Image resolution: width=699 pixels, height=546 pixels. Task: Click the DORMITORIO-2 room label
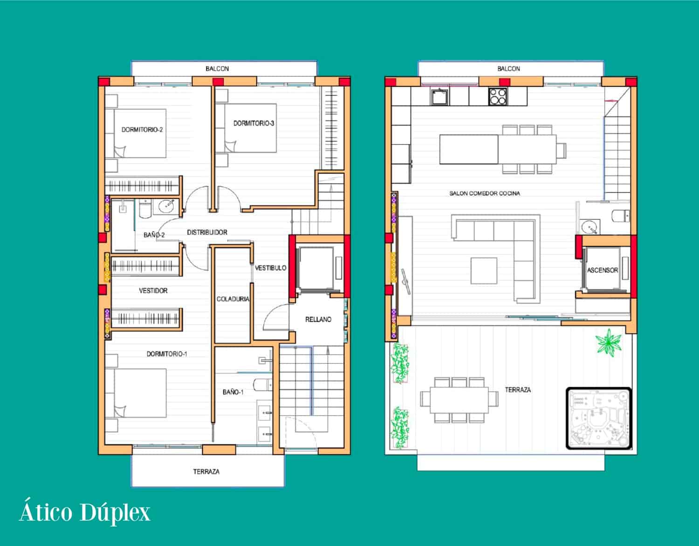(x=142, y=130)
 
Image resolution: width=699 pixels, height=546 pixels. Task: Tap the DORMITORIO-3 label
(x=254, y=123)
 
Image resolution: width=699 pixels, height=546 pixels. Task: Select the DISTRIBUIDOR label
(x=207, y=232)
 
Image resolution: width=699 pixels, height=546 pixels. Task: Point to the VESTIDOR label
(x=153, y=291)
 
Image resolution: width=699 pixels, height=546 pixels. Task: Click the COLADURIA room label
(x=233, y=299)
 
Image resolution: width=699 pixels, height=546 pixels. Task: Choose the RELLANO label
(x=318, y=320)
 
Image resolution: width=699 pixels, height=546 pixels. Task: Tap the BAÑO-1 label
(x=233, y=392)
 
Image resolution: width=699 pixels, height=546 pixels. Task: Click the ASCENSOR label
(x=602, y=270)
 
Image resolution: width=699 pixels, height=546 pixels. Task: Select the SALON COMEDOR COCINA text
(x=485, y=193)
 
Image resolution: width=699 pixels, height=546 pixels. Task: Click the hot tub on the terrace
(x=599, y=418)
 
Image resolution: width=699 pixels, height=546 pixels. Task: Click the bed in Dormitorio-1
(x=136, y=393)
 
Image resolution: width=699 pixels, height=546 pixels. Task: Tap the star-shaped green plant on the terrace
(x=609, y=342)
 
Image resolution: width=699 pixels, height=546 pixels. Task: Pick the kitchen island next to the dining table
(x=468, y=149)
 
